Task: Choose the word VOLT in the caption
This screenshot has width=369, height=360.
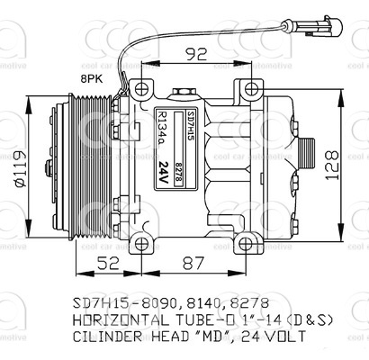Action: point(284,337)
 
